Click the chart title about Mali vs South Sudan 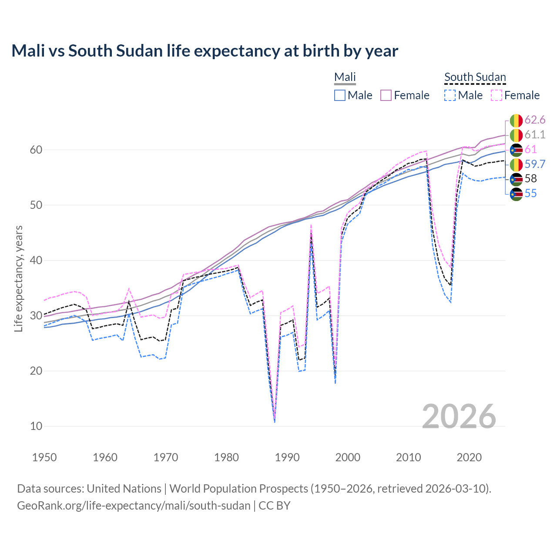pos(205,51)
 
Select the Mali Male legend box pos(340,95)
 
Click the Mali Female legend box pos(386,95)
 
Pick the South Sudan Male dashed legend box pos(450,95)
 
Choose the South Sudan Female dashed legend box pos(497,95)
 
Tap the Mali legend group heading pos(345,77)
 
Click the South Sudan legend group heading pos(475,77)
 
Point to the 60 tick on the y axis pos(36,150)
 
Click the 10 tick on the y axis pos(36,426)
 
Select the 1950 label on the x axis pos(44,457)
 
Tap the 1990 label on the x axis pos(287,457)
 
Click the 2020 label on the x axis pos(469,457)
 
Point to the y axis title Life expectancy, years pos(18,278)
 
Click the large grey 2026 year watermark pos(459,416)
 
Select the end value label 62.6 pos(535,120)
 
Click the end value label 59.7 pos(535,164)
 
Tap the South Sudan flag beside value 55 pos(516,194)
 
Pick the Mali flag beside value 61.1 pos(516,135)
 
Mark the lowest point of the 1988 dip pos(275,421)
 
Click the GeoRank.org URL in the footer pos(134,506)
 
